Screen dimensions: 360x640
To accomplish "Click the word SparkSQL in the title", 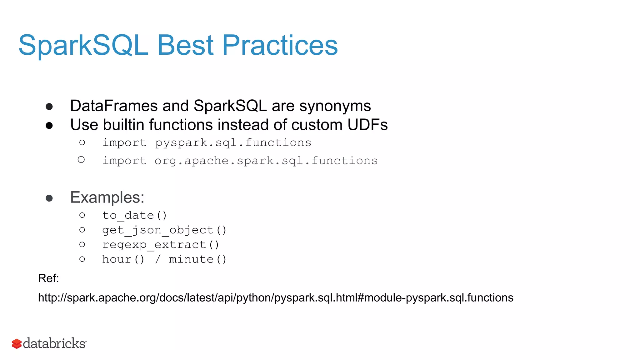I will point(83,45).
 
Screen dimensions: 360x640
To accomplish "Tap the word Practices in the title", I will point(280,45).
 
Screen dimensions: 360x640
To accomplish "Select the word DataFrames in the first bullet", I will point(114,106).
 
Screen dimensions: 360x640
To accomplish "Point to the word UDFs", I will point(367,125).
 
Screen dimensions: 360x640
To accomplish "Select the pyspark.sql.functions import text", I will point(233,143).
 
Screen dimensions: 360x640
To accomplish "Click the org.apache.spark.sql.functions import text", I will point(266,161).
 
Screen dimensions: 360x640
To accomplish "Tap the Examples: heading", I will point(107,197).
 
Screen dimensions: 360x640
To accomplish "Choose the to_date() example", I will point(135,215).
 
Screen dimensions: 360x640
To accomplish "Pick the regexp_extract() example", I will point(161,245).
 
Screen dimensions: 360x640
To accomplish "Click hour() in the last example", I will point(123,259).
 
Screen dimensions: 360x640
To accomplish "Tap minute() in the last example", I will point(197,259).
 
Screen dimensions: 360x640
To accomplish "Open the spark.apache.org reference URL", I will point(275,298).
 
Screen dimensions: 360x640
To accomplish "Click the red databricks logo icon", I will point(17,344).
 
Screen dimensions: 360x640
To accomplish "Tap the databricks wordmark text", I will point(54,343).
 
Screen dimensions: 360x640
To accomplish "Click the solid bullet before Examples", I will point(49,198).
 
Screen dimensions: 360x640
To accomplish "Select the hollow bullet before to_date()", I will point(82,215).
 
